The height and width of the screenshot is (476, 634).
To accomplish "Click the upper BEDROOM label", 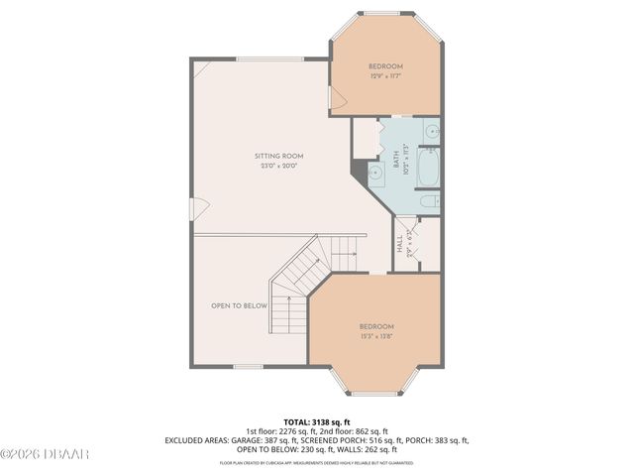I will pos(385,66).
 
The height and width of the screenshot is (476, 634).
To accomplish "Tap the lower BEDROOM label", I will pos(375,327).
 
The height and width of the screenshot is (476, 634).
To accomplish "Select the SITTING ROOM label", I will pos(278,156).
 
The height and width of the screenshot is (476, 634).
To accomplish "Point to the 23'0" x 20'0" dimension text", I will pos(278,166).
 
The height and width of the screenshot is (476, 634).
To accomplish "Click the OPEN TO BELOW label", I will pos(239,305).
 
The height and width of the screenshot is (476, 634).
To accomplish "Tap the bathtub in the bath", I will pos(430,167).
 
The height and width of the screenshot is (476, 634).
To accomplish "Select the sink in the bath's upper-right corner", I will pos(432,130).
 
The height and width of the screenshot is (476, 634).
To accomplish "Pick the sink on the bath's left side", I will pos(375,173).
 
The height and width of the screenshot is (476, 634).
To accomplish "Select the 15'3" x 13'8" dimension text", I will pos(375,337).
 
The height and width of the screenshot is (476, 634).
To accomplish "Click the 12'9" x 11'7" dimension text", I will pos(385,76).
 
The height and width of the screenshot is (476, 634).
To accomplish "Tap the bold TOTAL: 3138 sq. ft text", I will pos(317,421).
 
